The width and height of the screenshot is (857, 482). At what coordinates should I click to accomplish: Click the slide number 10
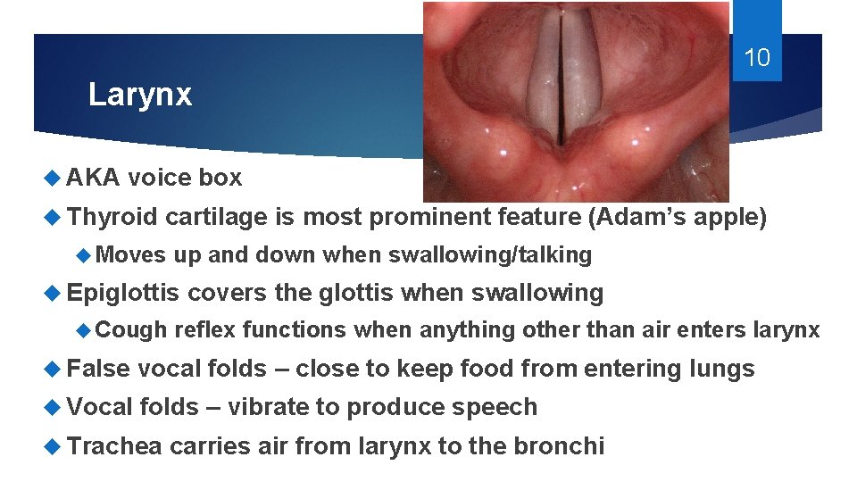(x=756, y=59)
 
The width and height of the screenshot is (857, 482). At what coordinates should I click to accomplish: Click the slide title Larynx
(x=140, y=96)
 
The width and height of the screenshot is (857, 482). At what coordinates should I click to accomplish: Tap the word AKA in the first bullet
(x=94, y=178)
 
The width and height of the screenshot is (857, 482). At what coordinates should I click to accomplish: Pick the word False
(x=98, y=369)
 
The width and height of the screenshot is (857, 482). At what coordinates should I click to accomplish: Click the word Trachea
(x=114, y=445)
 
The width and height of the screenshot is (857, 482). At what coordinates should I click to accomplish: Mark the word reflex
(x=204, y=330)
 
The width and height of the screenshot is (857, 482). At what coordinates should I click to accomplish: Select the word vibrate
(x=270, y=407)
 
